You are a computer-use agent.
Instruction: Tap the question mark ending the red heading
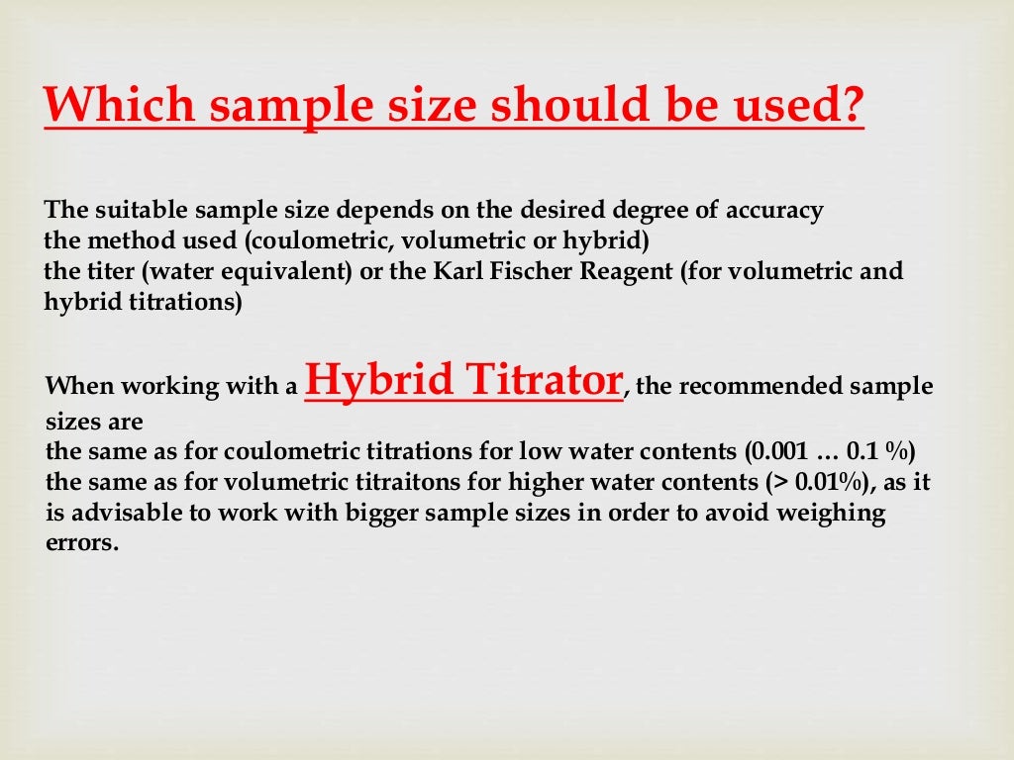click(850, 106)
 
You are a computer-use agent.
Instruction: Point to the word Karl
click(458, 271)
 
